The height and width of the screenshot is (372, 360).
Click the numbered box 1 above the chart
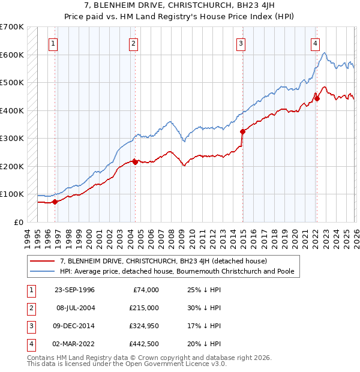coord(53,43)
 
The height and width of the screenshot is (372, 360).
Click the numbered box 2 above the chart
coord(133,43)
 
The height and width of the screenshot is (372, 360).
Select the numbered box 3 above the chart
coord(241,43)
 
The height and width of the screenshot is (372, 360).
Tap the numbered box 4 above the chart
coord(315,43)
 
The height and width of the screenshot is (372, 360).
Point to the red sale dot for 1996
coord(55,202)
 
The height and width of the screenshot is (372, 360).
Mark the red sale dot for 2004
coord(135,162)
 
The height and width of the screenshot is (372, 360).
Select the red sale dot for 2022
coord(317,98)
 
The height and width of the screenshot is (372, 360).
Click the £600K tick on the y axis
coord(12,55)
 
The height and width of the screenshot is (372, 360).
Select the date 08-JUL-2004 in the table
coord(74,308)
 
